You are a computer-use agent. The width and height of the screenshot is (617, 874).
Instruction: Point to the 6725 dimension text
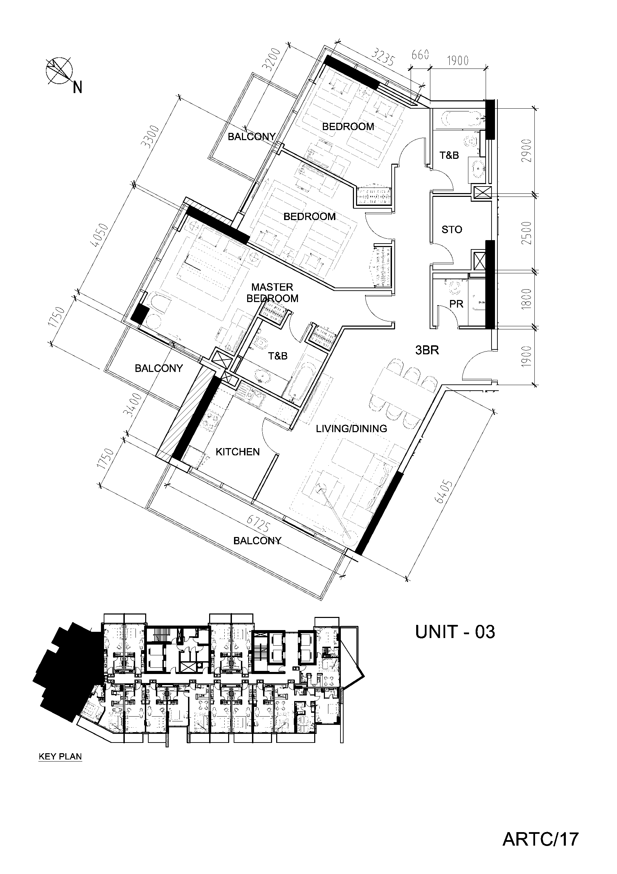(259, 525)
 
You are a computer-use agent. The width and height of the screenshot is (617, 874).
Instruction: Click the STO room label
(452, 229)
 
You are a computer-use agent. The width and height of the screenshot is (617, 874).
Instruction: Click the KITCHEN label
(238, 452)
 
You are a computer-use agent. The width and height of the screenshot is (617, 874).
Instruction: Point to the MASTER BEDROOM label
(272, 293)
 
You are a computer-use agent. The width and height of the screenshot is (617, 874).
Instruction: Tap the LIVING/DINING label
(352, 429)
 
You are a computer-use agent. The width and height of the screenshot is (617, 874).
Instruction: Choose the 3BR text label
(427, 350)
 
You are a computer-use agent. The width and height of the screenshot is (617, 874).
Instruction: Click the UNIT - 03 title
(455, 632)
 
